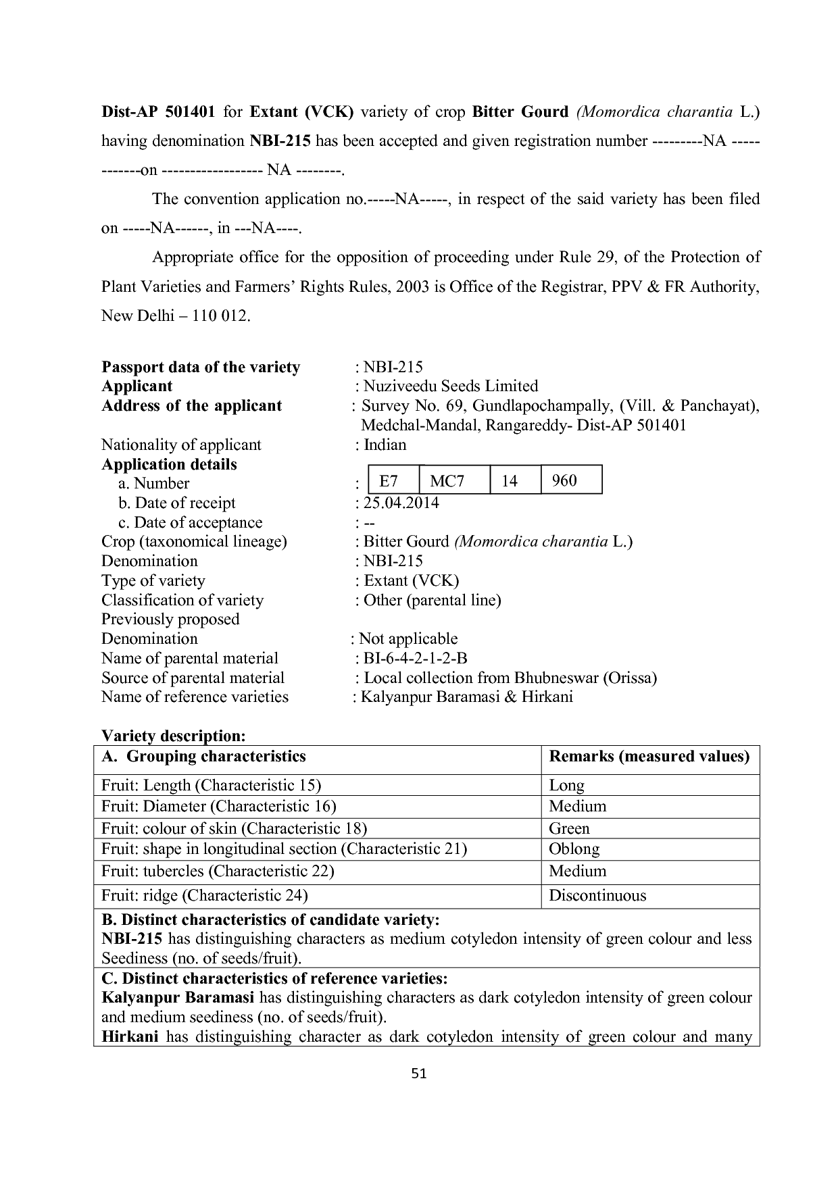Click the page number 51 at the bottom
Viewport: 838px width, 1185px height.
coord(419,1073)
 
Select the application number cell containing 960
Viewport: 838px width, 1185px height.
coord(570,480)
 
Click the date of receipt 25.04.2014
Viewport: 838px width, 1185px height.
coord(401,503)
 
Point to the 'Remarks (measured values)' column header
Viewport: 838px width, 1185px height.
coord(649,757)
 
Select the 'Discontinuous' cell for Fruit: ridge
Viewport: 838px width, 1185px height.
coord(597,895)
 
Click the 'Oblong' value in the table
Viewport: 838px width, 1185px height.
coord(574,849)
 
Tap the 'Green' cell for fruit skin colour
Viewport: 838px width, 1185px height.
coord(569,828)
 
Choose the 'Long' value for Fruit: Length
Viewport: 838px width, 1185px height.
coord(566,785)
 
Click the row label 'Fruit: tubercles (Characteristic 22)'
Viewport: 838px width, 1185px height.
coord(218,871)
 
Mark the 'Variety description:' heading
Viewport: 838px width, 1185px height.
coord(173,735)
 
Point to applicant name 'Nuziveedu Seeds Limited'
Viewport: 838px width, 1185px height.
coord(451,386)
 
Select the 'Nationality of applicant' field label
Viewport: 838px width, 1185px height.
coord(181,445)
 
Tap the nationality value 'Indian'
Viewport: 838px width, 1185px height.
coord(385,445)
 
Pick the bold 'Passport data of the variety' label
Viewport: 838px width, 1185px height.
coord(201,367)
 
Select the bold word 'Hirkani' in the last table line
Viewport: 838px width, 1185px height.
coord(130,1036)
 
